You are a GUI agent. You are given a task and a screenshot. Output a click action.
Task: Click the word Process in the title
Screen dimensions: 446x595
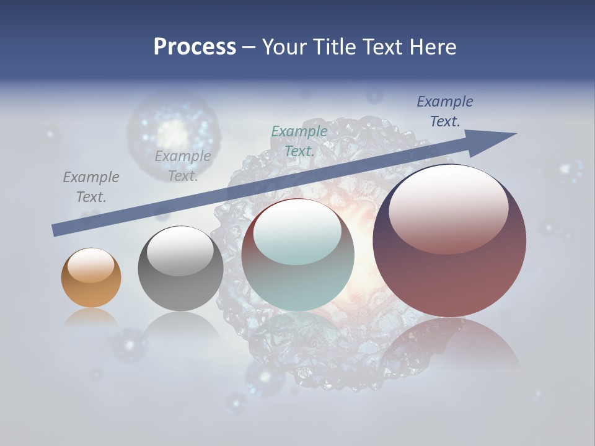click(x=195, y=46)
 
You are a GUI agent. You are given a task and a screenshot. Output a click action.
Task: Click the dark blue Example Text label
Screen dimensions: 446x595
click(x=444, y=111)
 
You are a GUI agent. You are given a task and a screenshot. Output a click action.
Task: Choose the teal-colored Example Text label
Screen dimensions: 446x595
click(x=299, y=141)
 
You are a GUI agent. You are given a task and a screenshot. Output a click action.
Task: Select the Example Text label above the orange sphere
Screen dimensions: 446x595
click(x=91, y=187)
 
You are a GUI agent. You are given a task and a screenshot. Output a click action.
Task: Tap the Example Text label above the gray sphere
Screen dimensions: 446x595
click(x=182, y=166)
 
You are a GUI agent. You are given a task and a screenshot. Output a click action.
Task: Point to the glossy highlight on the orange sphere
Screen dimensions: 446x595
click(x=90, y=265)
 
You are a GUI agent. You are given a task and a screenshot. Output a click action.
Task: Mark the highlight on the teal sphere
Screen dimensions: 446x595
click(x=297, y=237)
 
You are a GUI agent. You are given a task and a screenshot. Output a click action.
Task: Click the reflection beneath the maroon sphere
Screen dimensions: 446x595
click(x=449, y=347)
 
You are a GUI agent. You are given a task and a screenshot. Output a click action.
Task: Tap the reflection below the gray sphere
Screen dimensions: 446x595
click(x=180, y=325)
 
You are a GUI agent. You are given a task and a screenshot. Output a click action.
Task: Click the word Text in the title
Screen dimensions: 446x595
click(x=379, y=46)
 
